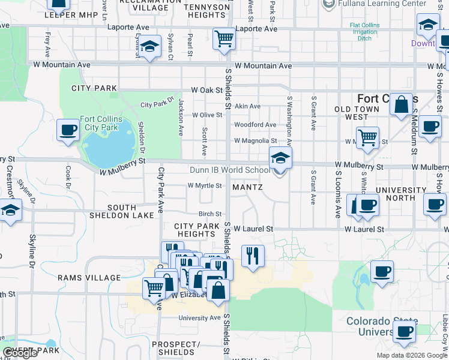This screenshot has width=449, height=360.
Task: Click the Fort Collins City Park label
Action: coord(100,123)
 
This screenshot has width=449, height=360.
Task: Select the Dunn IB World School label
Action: coord(230,170)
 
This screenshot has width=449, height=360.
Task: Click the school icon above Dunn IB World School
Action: coord(280,158)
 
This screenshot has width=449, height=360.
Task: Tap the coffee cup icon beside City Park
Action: coord(68,130)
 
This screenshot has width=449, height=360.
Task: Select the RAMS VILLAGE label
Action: coord(89,278)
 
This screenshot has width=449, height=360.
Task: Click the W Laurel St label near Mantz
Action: coord(253,229)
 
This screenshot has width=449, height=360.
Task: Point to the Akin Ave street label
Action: coord(247,106)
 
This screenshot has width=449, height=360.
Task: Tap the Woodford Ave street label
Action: coord(255,125)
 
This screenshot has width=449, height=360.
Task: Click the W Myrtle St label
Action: coord(205,185)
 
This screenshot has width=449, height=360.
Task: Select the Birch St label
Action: coord(210,214)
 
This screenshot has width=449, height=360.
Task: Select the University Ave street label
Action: coord(200,318)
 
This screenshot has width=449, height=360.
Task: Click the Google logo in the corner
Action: coord(20,353)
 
